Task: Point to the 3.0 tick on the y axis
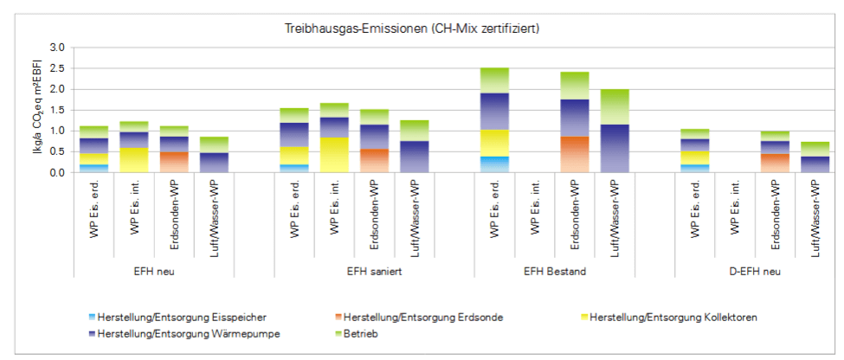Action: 57,48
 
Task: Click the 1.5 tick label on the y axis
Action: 57,110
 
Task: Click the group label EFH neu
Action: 153,271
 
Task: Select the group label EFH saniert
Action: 354,271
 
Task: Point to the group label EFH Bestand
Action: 555,271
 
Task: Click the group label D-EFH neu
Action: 756,271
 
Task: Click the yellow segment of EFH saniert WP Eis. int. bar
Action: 334,155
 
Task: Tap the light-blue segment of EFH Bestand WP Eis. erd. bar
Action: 495,164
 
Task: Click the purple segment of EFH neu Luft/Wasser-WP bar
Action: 213,162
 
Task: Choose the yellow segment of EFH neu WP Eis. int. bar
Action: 133,160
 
